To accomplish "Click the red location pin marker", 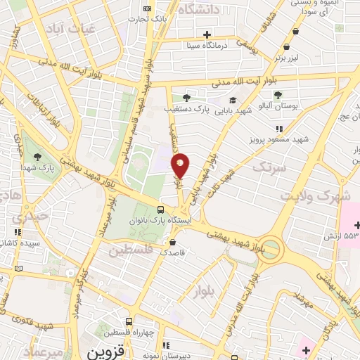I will (181, 165).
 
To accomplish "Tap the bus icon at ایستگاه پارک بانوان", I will (162, 210).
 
